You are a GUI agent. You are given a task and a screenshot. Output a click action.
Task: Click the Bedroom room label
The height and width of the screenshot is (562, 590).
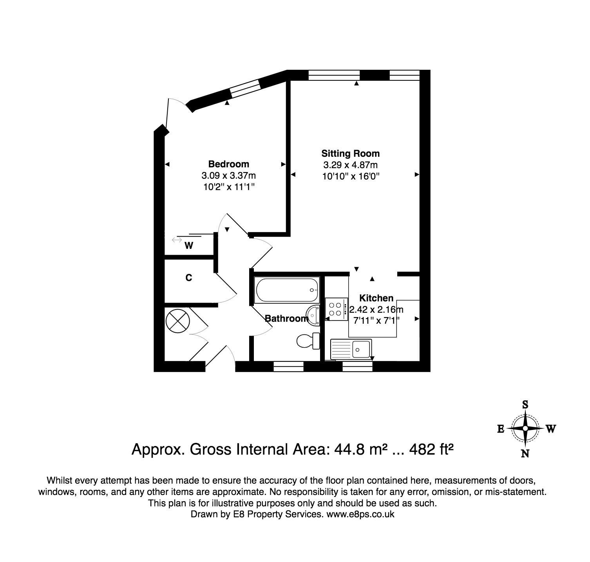tap(228, 164)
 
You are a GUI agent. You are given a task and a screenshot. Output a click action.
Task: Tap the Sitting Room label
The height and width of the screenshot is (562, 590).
tap(350, 153)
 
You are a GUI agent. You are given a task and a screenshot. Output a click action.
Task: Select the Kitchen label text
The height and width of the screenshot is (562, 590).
tap(376, 298)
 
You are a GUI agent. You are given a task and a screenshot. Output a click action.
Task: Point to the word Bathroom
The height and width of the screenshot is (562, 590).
tap(286, 319)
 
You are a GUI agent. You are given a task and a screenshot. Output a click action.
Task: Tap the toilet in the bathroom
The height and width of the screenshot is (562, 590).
tap(308, 340)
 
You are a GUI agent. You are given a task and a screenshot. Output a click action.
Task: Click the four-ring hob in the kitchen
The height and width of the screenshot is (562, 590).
tap(336, 308)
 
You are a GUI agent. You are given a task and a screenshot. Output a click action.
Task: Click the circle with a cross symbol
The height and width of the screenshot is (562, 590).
tap(177, 321)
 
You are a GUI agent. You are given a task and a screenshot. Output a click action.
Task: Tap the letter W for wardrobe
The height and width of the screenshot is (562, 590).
tap(189, 246)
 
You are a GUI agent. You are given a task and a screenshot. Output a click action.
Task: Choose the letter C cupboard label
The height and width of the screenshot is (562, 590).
tap(188, 278)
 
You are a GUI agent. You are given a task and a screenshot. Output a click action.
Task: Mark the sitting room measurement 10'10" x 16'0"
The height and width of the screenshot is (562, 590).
tap(351, 176)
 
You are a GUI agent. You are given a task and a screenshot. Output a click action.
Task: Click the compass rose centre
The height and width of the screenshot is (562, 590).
tap(525, 428)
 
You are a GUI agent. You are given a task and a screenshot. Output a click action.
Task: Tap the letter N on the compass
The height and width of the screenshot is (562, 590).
tap(525, 453)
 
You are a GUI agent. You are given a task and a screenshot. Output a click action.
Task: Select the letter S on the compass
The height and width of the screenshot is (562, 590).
tap(525, 404)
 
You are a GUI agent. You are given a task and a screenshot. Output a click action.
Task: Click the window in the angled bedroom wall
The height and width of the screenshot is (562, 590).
tap(244, 88)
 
